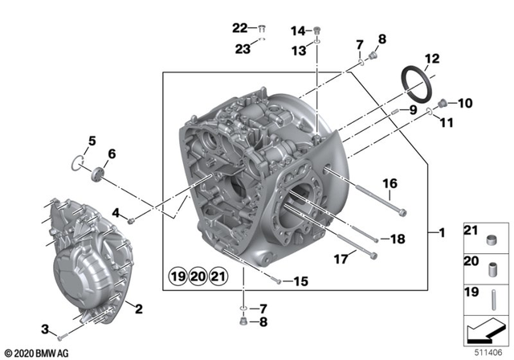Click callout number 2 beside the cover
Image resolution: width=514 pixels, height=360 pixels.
pos(139,309)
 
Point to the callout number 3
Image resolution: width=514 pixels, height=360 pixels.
pos(46,328)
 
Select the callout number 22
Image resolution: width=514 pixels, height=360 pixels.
pos(240,27)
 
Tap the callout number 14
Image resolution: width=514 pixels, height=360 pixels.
pos(298,31)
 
